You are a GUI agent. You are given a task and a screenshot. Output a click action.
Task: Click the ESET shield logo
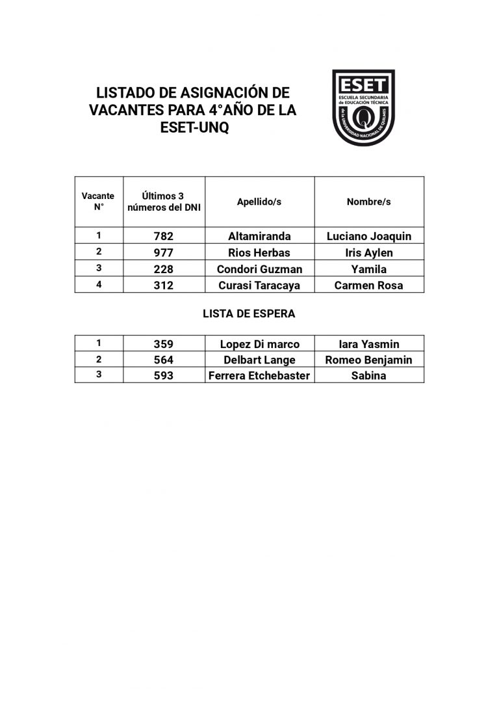(363, 107)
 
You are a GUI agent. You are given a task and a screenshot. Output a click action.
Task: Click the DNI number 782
(163, 237)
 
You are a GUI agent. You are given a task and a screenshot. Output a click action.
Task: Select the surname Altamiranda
(259, 237)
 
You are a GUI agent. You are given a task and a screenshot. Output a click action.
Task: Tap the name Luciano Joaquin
(368, 237)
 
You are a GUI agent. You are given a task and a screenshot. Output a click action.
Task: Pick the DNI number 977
(163, 253)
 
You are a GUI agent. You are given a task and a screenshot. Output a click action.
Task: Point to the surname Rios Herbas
(259, 253)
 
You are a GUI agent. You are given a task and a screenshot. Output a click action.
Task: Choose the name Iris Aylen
(368, 253)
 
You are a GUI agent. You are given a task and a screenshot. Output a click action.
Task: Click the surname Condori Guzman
(259, 269)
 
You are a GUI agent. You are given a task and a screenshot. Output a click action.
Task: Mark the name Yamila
(368, 269)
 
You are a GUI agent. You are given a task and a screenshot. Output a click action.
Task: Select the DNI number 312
(163, 286)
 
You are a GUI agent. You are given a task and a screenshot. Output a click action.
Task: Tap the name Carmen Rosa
(368, 286)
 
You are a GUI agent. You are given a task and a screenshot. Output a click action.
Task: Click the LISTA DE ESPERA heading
(249, 313)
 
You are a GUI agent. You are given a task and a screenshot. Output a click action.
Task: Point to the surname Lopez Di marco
(259, 345)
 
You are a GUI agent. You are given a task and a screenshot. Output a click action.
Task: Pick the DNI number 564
(163, 360)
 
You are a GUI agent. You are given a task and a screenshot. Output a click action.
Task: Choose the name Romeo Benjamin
(368, 360)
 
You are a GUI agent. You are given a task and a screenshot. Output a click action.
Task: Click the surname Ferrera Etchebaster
(259, 376)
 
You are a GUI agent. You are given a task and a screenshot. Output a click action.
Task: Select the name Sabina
(368, 376)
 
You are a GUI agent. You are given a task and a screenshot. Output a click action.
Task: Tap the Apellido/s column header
(259, 202)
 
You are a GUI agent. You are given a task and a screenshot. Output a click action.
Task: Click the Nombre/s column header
(368, 202)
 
